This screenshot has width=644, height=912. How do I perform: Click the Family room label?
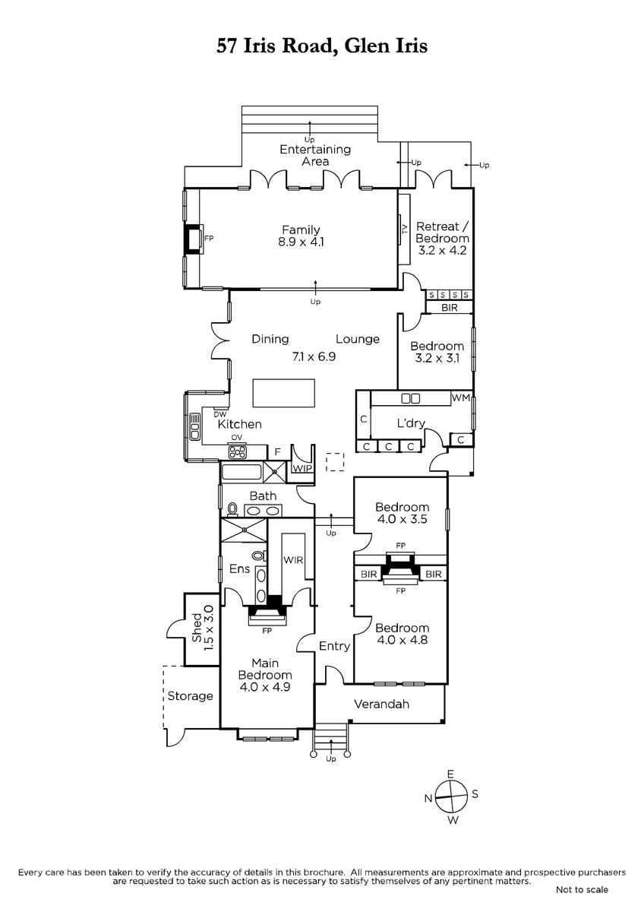coord(301,230)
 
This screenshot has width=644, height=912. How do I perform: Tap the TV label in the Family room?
coord(404,230)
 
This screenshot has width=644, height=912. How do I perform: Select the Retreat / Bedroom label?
coord(442,232)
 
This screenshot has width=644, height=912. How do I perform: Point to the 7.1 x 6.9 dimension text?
coord(314,356)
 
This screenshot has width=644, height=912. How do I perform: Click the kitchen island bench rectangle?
coord(283,393)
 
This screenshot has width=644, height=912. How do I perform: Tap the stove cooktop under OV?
coord(237,451)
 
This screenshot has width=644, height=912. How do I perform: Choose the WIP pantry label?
coord(302,468)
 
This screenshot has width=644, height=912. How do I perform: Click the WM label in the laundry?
coord(460,397)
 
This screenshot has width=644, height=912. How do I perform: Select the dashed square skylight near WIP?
coord(335,462)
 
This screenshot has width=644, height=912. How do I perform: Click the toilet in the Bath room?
coord(232,509)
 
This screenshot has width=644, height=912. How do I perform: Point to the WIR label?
coord(293,560)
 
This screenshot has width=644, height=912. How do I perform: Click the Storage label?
coord(190,696)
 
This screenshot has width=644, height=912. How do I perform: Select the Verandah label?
coord(381,705)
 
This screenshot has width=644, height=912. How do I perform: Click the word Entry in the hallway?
coord(334,646)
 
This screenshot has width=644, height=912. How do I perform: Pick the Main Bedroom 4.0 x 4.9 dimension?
coord(265,687)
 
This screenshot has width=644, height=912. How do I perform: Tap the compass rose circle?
coord(451,796)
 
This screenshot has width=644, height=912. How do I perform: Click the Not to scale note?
coord(582,890)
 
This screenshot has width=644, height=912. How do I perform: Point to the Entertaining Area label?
coord(315,155)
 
